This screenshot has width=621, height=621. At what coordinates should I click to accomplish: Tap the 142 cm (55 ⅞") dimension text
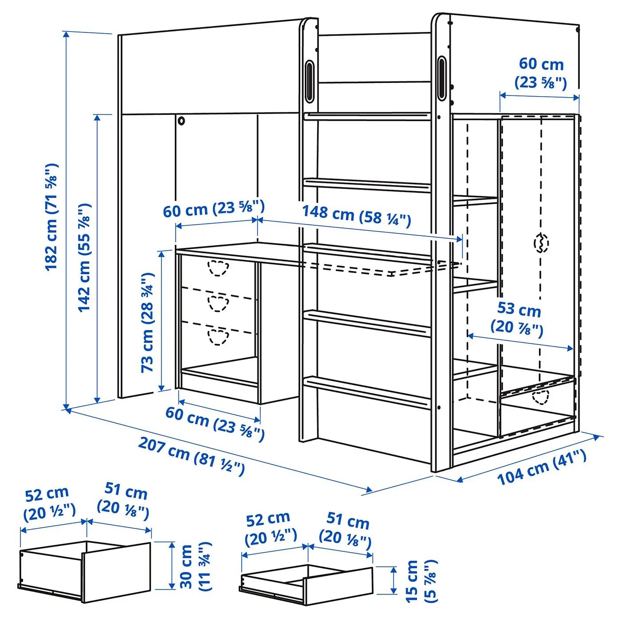(x=85, y=257)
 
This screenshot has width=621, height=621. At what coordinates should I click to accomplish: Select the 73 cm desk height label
(x=148, y=322)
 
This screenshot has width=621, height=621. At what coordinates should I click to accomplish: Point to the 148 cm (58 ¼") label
(x=357, y=216)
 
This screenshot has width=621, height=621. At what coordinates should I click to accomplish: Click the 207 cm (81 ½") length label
(x=192, y=456)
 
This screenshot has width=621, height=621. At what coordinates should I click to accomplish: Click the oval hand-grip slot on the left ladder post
(x=310, y=81)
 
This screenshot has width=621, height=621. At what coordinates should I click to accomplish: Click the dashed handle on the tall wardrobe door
(x=541, y=243)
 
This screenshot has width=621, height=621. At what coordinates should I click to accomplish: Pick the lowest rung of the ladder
(x=367, y=392)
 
